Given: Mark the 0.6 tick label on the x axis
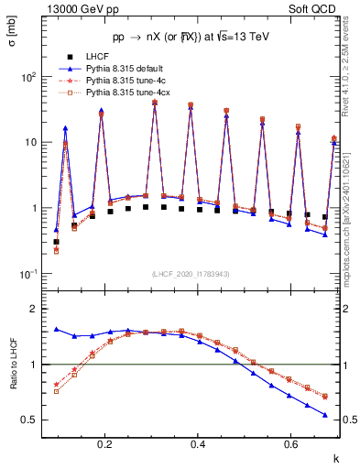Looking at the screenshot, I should [x=289, y=444].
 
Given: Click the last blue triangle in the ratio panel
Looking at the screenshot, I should [x=325, y=415].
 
